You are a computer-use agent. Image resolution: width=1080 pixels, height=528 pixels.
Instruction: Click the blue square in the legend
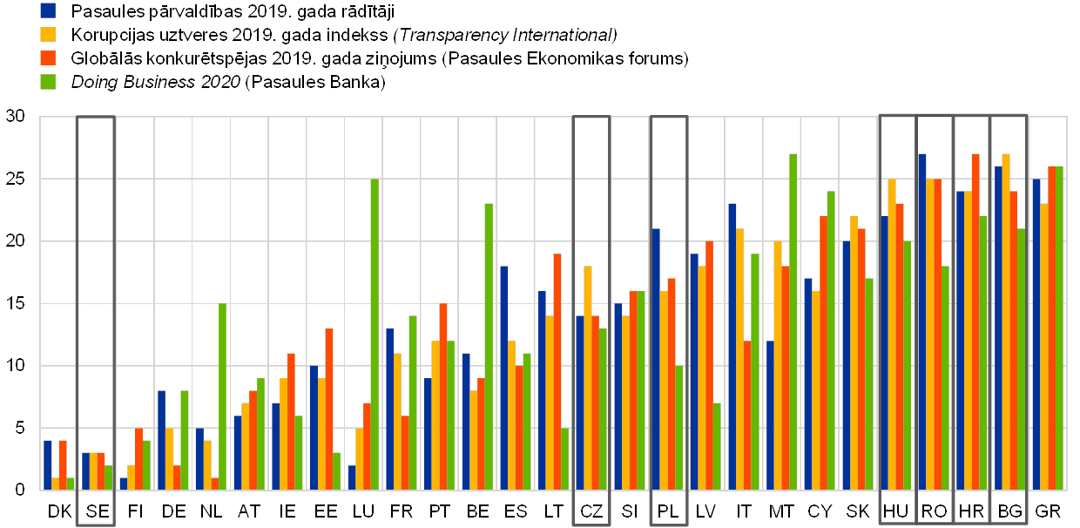coord(49,10)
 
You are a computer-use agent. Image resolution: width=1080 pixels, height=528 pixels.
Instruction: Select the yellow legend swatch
coord(49,34)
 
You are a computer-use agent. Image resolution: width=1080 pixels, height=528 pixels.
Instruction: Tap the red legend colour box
coord(49,58)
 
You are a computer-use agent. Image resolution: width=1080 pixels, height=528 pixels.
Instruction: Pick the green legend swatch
coord(49,81)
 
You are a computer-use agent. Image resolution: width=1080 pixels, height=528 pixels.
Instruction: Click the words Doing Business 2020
coord(156,82)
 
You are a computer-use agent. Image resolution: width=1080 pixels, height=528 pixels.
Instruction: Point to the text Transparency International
coord(506,35)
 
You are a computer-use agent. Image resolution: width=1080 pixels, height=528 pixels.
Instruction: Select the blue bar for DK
coord(48,465)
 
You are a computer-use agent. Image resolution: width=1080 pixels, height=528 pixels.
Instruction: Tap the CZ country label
coord(591,511)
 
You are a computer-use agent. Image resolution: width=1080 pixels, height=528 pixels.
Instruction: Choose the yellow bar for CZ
coord(588,378)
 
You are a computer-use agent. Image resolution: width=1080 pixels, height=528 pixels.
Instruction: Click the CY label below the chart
coord(820,511)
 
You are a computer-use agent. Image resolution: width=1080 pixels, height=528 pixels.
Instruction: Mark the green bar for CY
coord(831,341)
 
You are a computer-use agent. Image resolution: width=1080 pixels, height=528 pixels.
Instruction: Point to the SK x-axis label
coord(858,511)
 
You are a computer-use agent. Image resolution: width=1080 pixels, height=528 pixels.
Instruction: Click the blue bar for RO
coord(921,322)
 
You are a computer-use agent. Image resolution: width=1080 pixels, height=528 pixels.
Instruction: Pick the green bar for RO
coord(945,378)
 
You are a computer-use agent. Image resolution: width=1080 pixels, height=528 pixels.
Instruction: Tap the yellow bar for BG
coord(1006,322)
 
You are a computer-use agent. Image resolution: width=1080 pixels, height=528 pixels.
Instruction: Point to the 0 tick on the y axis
coord(19,491)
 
